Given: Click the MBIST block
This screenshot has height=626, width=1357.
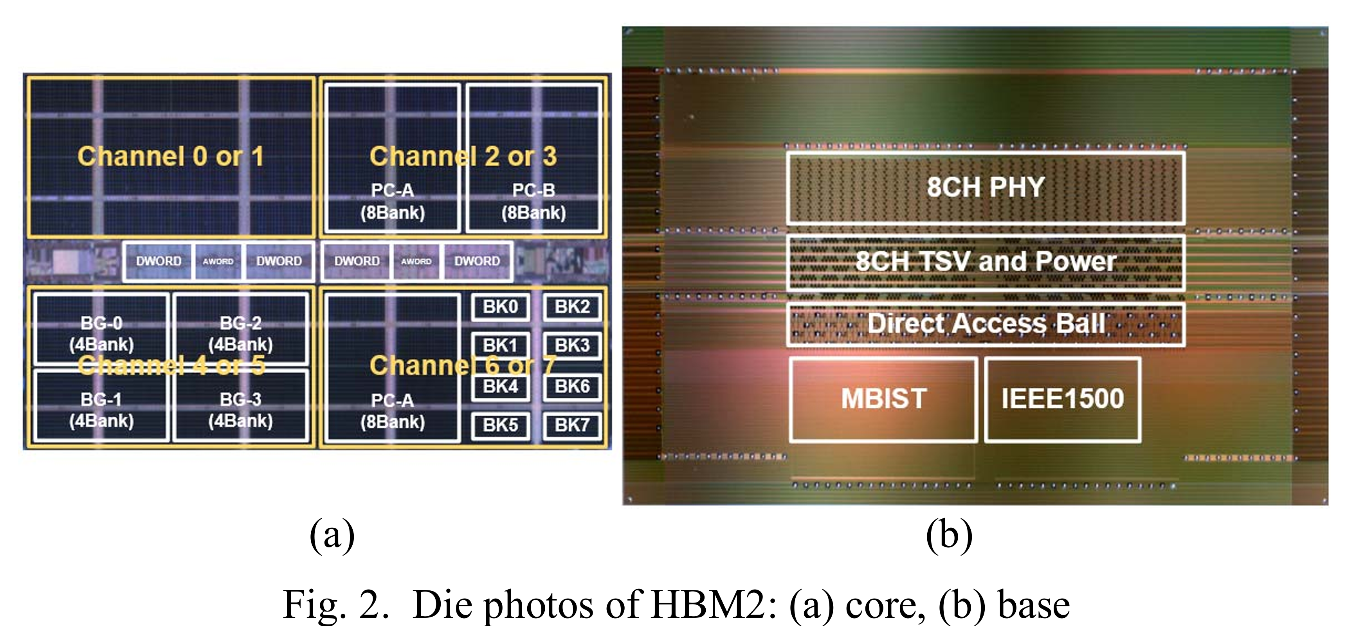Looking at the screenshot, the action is pyautogui.click(x=883, y=399).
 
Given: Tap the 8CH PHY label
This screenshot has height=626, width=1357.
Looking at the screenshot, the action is pyautogui.click(x=986, y=187).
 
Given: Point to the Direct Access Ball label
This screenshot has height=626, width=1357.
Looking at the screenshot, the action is pyautogui.click(x=986, y=323).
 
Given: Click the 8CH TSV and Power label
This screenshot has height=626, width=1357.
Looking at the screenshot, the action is pyautogui.click(x=986, y=261).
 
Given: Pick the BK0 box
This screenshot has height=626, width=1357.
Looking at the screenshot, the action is pyautogui.click(x=501, y=306).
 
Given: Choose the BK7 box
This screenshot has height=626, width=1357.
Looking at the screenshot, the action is pyautogui.click(x=572, y=425).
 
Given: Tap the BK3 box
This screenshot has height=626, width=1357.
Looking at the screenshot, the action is pyautogui.click(x=572, y=345).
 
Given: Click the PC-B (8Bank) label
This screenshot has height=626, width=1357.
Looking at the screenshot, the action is pyautogui.click(x=533, y=201).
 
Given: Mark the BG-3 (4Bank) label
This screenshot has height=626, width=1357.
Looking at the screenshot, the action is pyautogui.click(x=241, y=410).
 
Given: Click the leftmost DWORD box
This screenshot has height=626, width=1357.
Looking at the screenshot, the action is pyautogui.click(x=159, y=261).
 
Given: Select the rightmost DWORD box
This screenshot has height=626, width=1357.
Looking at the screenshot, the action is pyautogui.click(x=477, y=261).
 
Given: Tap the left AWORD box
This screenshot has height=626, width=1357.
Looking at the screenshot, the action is pyautogui.click(x=218, y=261).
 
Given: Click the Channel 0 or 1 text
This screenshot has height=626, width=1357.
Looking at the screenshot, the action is pyautogui.click(x=170, y=156).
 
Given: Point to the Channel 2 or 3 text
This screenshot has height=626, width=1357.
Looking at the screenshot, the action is pyautogui.click(x=463, y=156).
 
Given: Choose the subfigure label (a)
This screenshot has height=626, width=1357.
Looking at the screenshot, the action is pyautogui.click(x=332, y=535).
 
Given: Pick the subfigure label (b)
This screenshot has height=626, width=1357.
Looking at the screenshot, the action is pyautogui.click(x=949, y=535).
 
